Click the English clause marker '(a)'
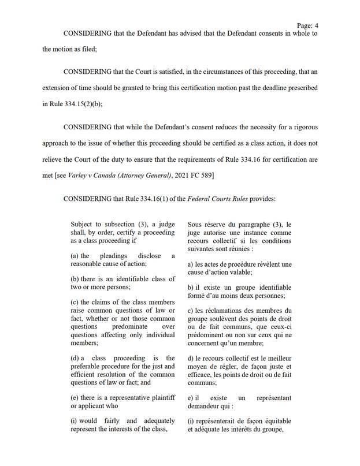[75, 255]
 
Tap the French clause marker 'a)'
[191, 264]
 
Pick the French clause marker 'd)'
[191, 358]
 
